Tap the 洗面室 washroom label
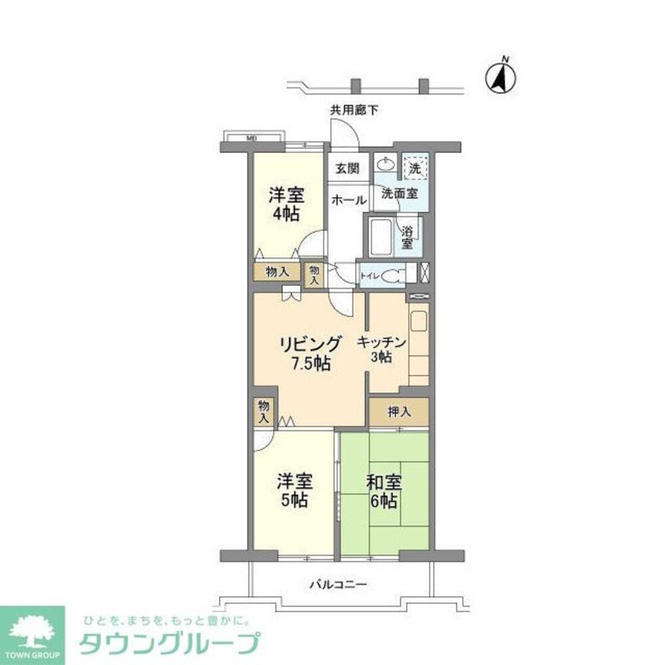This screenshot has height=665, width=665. (399, 194)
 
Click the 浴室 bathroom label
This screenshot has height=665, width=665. (406, 237)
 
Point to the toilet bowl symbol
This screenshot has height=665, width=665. (392, 273)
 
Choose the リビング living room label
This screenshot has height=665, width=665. (310, 344)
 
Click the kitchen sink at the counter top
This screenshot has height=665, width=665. (418, 321)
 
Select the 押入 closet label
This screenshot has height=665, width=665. (399, 412)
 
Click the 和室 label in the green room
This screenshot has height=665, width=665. (384, 482)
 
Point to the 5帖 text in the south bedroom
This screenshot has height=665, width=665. (293, 501)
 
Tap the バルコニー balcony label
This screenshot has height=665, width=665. (338, 585)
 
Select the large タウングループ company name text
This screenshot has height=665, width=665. (169, 644)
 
